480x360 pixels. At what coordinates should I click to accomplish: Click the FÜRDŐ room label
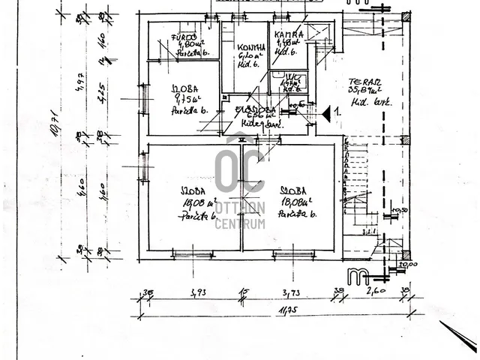click(x=184, y=37)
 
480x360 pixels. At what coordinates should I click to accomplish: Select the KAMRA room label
click(x=288, y=35)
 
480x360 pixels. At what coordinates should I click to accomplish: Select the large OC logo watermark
click(x=239, y=172)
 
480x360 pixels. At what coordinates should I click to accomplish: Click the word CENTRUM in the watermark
click(x=239, y=224)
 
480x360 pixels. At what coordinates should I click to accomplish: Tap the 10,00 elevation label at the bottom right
click(x=408, y=264)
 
